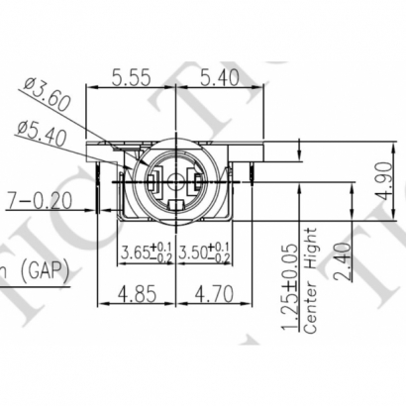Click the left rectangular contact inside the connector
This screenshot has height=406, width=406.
coord(154,182)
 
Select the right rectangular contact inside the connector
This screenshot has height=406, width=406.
coord(197,182)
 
